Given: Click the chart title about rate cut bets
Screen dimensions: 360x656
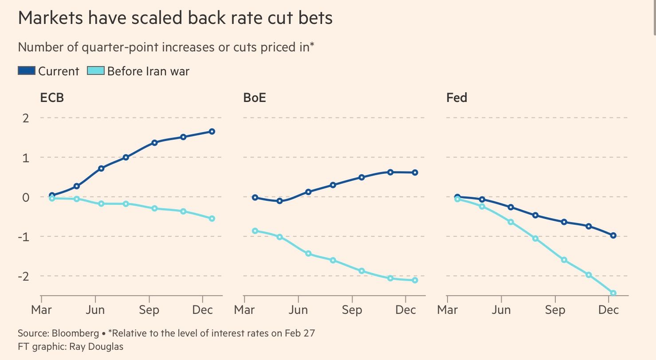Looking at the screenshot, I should tap(175, 18).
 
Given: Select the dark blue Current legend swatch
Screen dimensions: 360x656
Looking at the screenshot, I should tap(26, 71).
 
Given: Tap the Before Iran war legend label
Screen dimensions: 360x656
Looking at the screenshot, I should tap(148, 71).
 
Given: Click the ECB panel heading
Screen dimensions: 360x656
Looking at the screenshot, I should tap(52, 97).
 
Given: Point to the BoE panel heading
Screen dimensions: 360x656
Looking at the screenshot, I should tap(255, 97).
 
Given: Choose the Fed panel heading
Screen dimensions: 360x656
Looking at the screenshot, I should tap(456, 97).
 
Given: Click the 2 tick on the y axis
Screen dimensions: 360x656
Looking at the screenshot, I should tap(25, 118).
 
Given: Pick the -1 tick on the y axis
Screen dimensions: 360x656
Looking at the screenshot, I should tap(23, 236).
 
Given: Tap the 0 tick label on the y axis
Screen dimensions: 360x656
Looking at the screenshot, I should tap(25, 197).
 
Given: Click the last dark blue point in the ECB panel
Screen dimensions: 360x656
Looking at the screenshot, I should tap(212, 131).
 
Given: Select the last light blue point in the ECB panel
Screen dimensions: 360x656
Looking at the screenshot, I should tap(212, 219).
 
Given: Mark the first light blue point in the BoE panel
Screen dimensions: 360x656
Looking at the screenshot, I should tap(255, 231).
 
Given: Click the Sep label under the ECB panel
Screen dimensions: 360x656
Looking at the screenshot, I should tap(149, 309).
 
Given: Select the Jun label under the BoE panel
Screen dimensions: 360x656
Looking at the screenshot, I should tap(298, 309).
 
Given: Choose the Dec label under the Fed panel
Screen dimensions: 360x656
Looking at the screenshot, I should tap(609, 309).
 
